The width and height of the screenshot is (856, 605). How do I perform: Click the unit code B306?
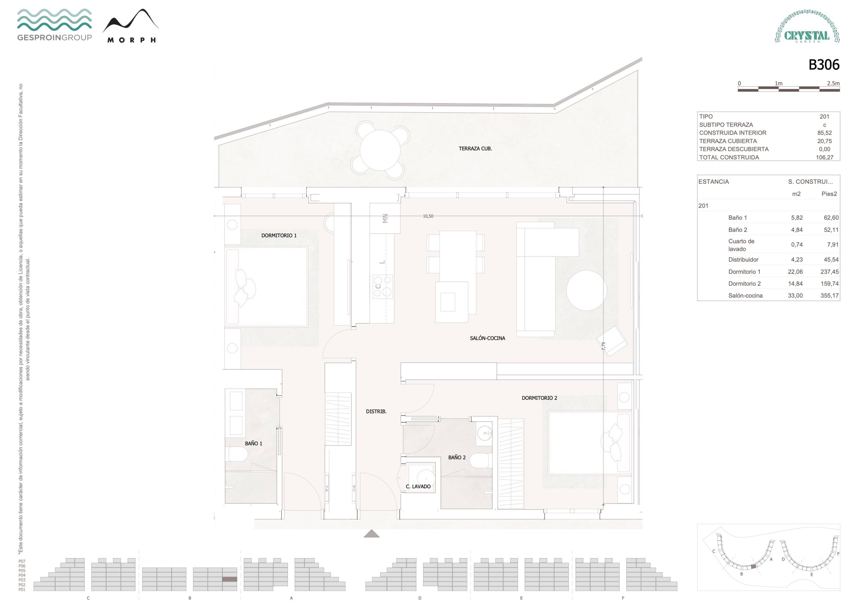point(824,65)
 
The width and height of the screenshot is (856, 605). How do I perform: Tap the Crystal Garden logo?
point(807,27)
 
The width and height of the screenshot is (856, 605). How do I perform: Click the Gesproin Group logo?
point(55,25)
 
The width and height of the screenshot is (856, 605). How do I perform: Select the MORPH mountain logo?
point(130,26)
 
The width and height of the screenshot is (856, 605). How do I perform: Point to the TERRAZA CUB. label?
point(475,148)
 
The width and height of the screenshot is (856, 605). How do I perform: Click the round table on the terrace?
point(380,150)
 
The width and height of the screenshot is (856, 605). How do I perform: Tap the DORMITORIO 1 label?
point(279,235)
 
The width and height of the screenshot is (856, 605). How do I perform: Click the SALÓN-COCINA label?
point(487,338)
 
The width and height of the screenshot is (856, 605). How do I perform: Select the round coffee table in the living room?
point(586,290)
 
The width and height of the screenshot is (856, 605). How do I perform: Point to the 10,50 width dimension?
point(428,216)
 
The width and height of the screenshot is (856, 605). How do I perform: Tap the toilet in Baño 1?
point(238,454)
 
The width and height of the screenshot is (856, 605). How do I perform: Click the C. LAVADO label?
point(418,486)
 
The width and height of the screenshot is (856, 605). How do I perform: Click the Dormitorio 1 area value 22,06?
point(795,272)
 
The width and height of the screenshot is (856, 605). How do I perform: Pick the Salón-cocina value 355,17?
point(829,295)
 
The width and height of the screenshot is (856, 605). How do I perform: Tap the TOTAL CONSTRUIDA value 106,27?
point(824,157)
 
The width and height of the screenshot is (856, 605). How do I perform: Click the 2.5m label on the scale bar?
point(833,84)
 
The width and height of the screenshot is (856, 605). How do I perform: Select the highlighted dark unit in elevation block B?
point(230,579)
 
